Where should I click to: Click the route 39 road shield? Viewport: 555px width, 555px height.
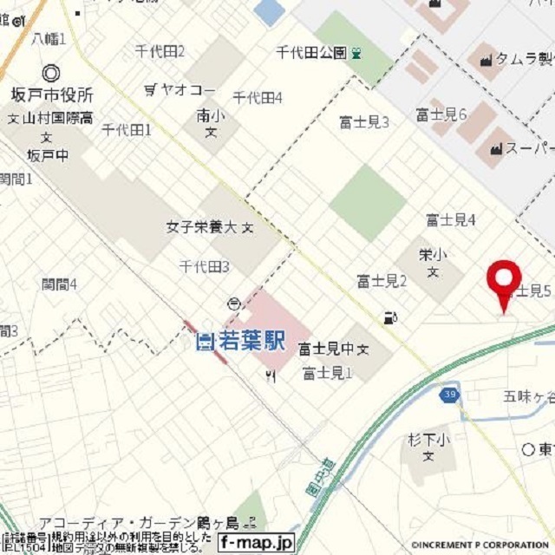[x=447, y=394]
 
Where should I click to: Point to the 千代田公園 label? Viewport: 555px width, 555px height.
[x=311, y=53]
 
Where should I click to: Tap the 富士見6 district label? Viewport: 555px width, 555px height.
[x=441, y=114]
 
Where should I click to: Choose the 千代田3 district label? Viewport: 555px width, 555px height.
[x=204, y=267]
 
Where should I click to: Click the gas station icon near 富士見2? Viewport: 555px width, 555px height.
[x=390, y=317]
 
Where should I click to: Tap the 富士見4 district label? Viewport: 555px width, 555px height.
[x=450, y=220]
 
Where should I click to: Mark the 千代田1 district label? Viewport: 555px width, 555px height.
[x=127, y=130]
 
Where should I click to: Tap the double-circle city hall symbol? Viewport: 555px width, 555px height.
[x=50, y=74]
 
